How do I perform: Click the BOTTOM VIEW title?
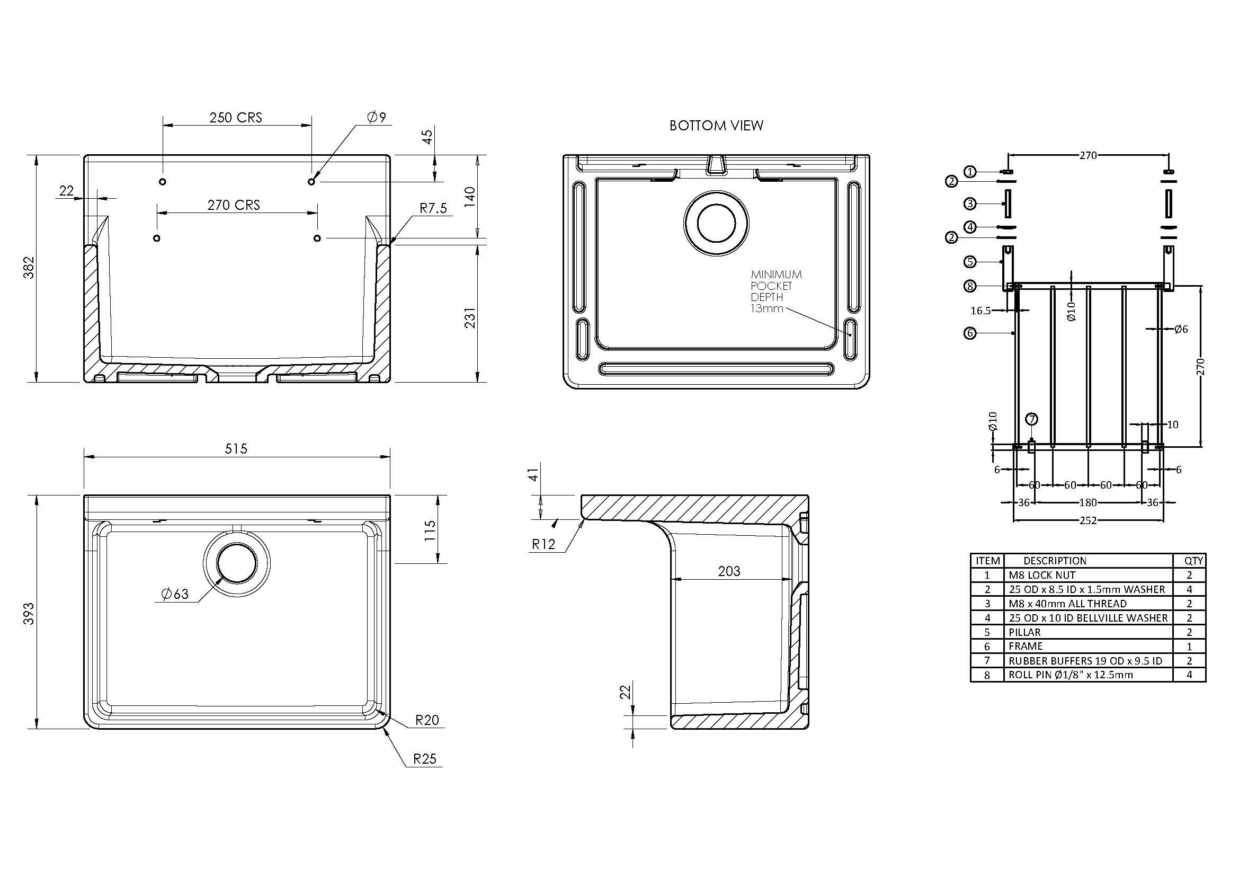[716, 126]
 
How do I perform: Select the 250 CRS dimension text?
[236, 118]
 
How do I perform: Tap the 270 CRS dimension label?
[234, 205]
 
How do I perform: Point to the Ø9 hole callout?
[377, 117]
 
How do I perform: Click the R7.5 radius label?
[434, 208]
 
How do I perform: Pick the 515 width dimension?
[236, 448]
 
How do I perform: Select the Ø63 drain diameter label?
[175, 594]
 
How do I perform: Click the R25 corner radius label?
[425, 758]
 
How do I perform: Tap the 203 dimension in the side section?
[729, 571]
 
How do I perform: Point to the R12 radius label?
[543, 544]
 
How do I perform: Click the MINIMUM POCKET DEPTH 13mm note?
[776, 291]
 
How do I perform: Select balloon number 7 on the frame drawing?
[1031, 419]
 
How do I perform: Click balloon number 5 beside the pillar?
[970, 262]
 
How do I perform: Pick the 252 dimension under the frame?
[1088, 521]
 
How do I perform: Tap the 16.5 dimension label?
[980, 311]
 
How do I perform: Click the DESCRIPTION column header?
[1055, 561]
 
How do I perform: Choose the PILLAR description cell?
[1025, 632]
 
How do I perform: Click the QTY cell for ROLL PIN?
[1189, 675]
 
